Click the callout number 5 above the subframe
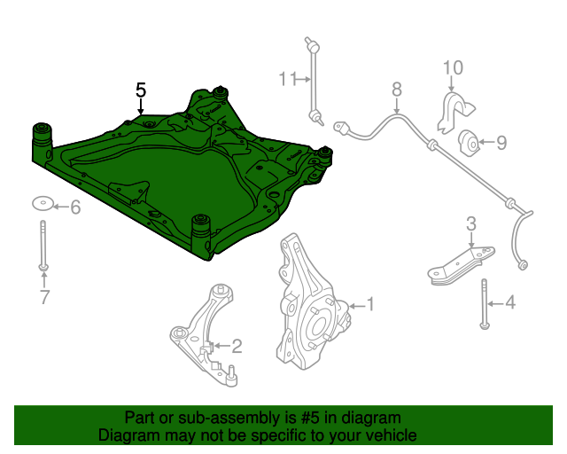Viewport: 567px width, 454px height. [141, 90]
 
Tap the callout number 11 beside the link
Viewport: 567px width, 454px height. [288, 79]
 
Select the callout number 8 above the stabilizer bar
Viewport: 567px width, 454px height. [397, 89]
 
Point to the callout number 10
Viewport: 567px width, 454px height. [453, 67]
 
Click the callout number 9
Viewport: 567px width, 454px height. [501, 143]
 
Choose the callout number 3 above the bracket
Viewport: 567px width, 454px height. [471, 224]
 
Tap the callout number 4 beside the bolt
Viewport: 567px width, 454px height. [510, 302]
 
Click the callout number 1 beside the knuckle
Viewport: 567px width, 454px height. [370, 304]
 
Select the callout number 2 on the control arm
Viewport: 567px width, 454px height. [237, 346]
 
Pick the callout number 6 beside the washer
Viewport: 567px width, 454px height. [75, 207]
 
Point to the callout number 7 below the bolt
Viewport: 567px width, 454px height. [44, 297]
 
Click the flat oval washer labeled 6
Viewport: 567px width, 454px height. [43, 203]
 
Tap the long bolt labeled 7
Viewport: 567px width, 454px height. [43, 246]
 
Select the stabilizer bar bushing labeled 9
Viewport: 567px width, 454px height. [469, 144]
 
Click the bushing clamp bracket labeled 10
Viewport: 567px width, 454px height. [454, 111]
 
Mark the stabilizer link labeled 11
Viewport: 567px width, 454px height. [314, 81]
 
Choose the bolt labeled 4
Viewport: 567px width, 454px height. [485, 304]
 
